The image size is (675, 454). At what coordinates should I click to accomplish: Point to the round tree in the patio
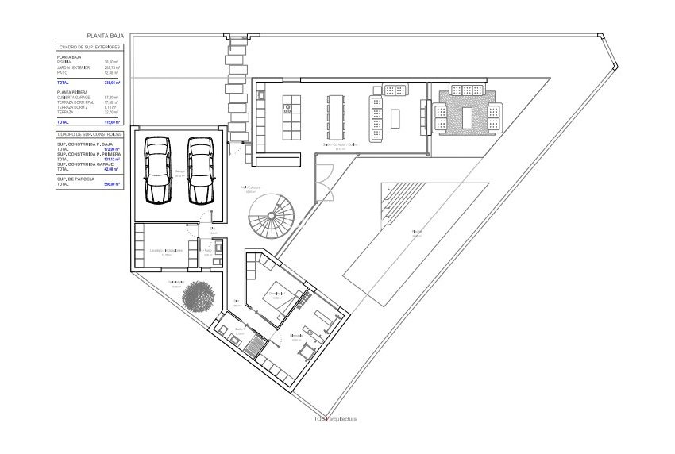199,297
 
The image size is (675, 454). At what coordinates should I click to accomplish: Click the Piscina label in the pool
416,232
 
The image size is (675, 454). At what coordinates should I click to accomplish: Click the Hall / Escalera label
252,188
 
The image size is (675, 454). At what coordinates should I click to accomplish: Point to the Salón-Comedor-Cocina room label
340,145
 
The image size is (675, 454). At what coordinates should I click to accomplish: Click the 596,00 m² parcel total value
112,184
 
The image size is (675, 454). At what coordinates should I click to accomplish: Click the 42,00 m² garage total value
112,169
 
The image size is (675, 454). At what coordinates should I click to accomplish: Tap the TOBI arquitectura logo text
334,419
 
